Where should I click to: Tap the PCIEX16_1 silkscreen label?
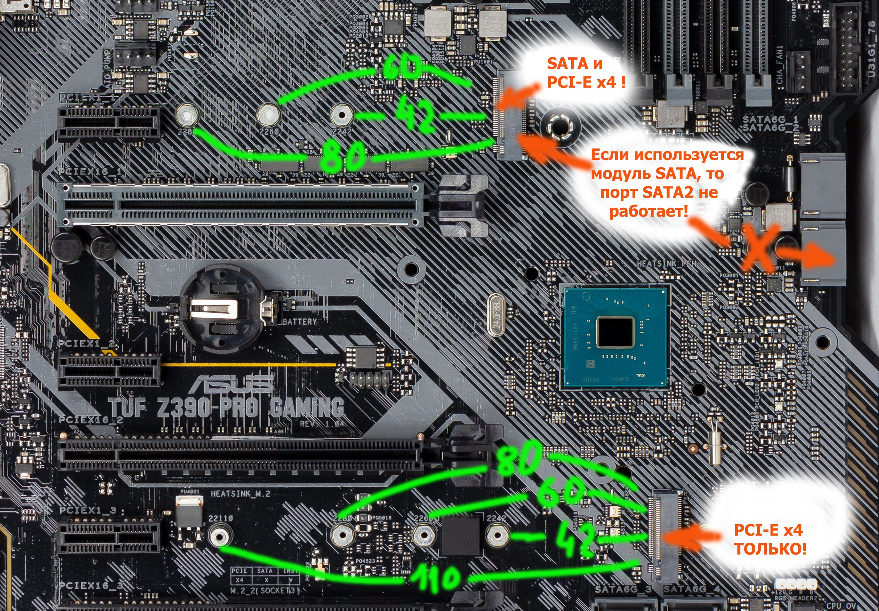(90, 172)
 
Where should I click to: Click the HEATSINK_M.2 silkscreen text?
(241, 494)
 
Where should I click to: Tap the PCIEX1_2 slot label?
(87, 343)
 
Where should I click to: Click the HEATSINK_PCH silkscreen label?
(666, 264)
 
